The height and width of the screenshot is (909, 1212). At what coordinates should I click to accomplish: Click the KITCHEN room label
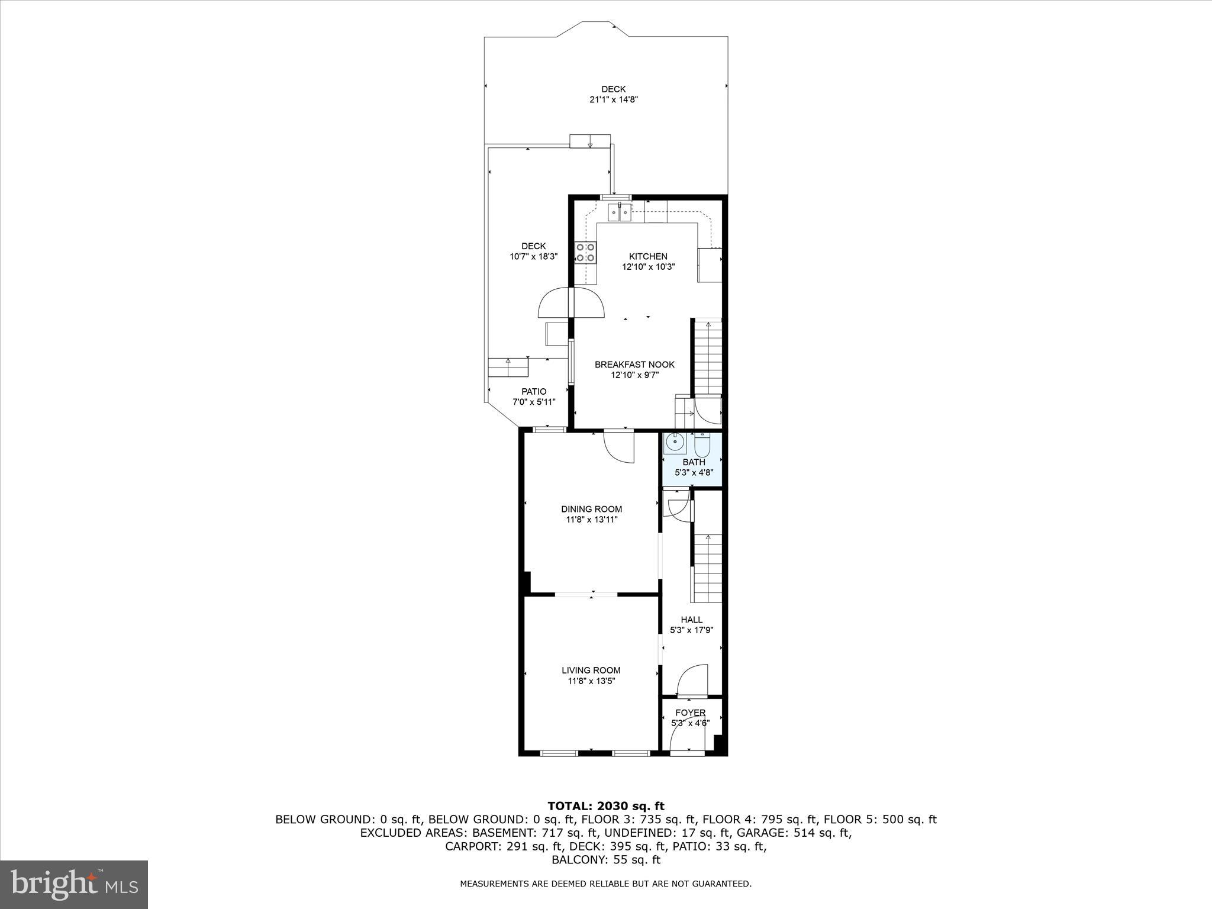[x=648, y=256]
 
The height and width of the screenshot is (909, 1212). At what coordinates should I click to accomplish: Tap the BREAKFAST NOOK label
[x=634, y=365]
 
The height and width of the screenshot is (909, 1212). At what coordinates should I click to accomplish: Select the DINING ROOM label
[x=591, y=509]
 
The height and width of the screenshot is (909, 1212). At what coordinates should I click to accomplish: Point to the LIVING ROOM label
[x=591, y=671]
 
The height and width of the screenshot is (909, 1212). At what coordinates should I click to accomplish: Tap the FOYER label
[x=691, y=713]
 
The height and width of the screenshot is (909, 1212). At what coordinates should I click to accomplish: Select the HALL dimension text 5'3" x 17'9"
[x=691, y=630]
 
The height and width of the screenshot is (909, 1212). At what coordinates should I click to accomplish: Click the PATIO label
[x=534, y=391]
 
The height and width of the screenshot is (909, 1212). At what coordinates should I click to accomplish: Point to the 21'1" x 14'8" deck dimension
[x=614, y=100]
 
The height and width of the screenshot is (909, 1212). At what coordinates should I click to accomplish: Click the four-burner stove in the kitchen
[x=586, y=253]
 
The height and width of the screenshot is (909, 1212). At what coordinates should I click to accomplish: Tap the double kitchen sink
[x=620, y=212]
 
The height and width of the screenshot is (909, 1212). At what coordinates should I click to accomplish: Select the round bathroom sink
[x=675, y=443]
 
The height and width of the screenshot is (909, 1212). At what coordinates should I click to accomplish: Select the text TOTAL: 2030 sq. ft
[x=605, y=806]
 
